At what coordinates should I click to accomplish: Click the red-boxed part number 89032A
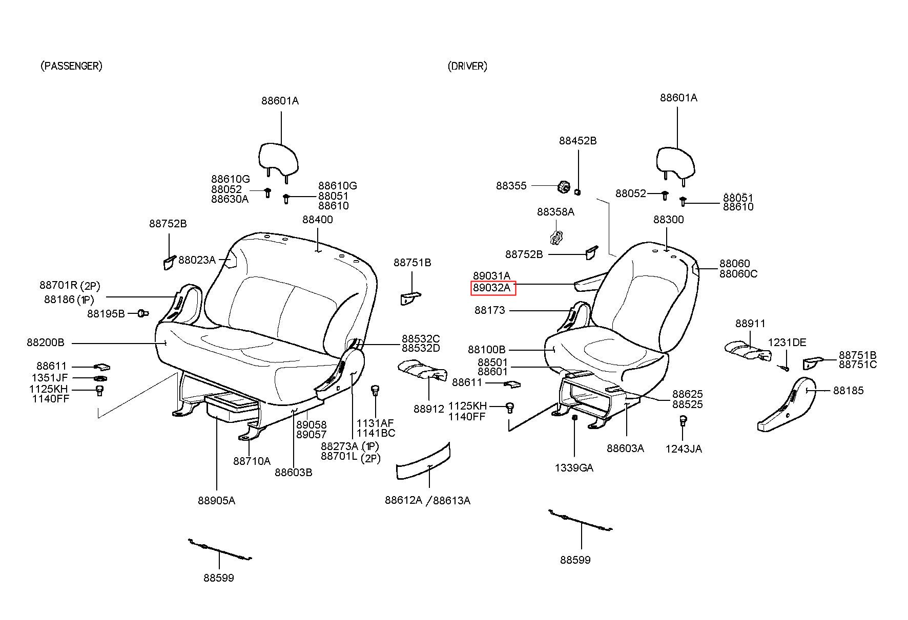coord(492,288)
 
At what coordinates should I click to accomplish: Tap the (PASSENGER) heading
coord(71,66)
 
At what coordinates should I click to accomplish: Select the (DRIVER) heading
coord(467,66)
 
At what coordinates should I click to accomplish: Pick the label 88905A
coord(216,501)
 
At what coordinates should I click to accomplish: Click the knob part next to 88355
coord(564,187)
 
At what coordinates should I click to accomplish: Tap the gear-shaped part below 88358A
coord(555,238)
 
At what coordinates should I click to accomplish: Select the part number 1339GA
coord(574,467)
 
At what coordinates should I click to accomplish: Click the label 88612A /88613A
coord(427,501)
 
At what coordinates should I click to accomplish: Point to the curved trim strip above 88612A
coord(423,462)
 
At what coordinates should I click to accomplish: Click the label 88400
coord(317,220)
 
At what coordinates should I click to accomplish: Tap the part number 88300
coord(668,220)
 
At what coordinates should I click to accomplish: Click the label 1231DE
coord(787,343)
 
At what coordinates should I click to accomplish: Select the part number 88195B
coord(106,314)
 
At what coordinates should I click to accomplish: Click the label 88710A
coord(252,461)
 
